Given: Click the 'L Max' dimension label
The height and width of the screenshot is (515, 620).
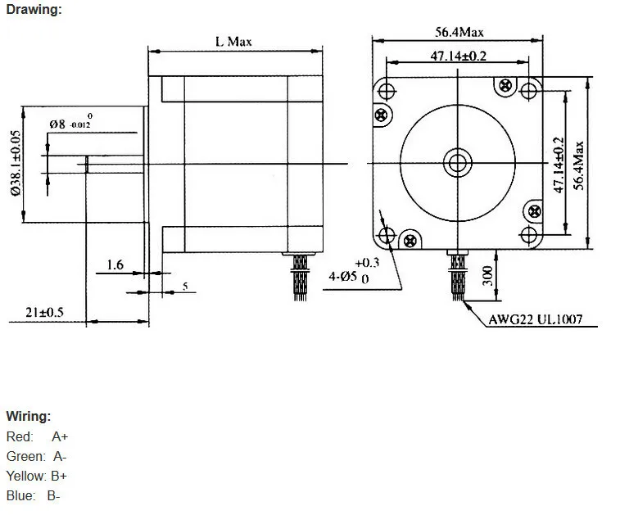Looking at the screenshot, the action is [x=233, y=42].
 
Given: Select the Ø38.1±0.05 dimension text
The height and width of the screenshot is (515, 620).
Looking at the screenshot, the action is [x=16, y=163].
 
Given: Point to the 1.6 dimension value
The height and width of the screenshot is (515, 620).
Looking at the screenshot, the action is [x=115, y=264].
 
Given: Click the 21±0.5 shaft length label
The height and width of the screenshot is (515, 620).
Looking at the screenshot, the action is [x=44, y=312].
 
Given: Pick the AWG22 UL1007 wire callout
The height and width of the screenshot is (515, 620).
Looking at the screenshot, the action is [x=536, y=319].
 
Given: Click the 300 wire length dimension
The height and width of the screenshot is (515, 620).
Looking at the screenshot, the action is [x=488, y=275].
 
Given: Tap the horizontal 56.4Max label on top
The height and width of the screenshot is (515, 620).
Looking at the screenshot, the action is [x=459, y=32].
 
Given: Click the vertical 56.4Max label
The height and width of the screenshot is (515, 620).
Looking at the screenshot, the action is [x=578, y=165].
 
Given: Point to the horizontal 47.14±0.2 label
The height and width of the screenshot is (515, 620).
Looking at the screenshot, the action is [x=458, y=56].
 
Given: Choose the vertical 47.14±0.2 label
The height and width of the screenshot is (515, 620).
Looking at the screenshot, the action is [x=558, y=165].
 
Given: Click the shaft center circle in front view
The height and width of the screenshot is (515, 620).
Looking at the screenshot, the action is [x=458, y=163].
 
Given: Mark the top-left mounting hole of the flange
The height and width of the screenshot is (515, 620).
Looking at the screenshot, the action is [x=387, y=92].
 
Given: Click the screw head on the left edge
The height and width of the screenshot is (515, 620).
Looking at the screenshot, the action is [x=381, y=115].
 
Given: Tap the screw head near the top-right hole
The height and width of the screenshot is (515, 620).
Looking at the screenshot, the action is [x=505, y=85].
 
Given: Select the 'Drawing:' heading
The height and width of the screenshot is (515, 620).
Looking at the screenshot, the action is [x=34, y=10].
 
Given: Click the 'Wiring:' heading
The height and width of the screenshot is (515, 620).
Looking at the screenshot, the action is [x=29, y=416].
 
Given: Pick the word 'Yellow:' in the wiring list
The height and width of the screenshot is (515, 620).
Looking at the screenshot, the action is [x=26, y=476].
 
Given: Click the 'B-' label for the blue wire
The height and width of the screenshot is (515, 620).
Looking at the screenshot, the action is [x=54, y=495].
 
